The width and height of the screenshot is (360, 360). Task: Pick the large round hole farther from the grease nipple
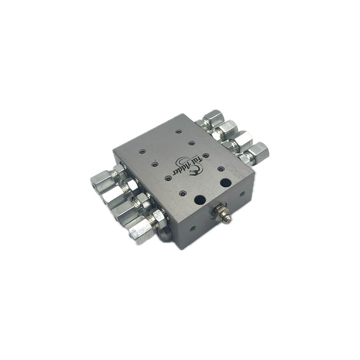point(226,182)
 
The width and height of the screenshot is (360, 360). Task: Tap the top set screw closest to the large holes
point(183,194)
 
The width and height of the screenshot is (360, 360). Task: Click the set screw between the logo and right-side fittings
point(221,169)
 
